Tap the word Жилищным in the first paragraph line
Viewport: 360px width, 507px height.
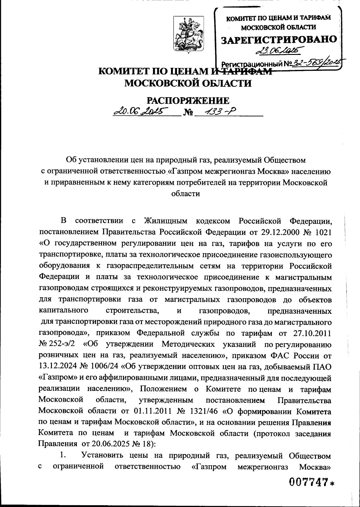tap(165, 221)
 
